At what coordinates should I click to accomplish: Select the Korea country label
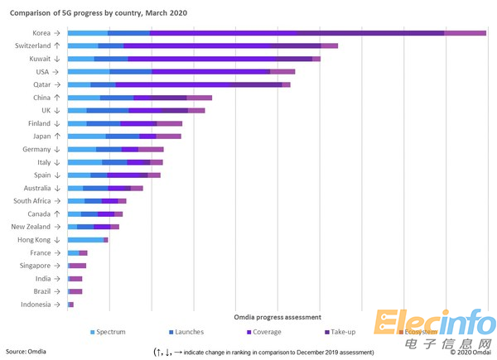(x=42, y=32)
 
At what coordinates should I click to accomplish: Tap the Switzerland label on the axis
(x=33, y=46)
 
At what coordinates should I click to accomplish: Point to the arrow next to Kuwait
(x=57, y=59)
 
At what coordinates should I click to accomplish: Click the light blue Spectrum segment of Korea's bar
(x=87, y=32)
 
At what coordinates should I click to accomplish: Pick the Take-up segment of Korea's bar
(x=370, y=32)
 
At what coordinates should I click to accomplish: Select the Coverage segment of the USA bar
(x=210, y=72)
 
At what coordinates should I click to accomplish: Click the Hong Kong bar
(x=87, y=239)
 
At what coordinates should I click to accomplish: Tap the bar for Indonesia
(x=70, y=305)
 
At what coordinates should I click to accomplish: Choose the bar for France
(x=77, y=252)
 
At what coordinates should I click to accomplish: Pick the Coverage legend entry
(x=263, y=332)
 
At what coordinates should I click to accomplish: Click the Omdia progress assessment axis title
(x=277, y=317)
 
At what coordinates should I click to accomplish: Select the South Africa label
(x=32, y=200)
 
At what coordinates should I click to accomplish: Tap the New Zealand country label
(x=31, y=226)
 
